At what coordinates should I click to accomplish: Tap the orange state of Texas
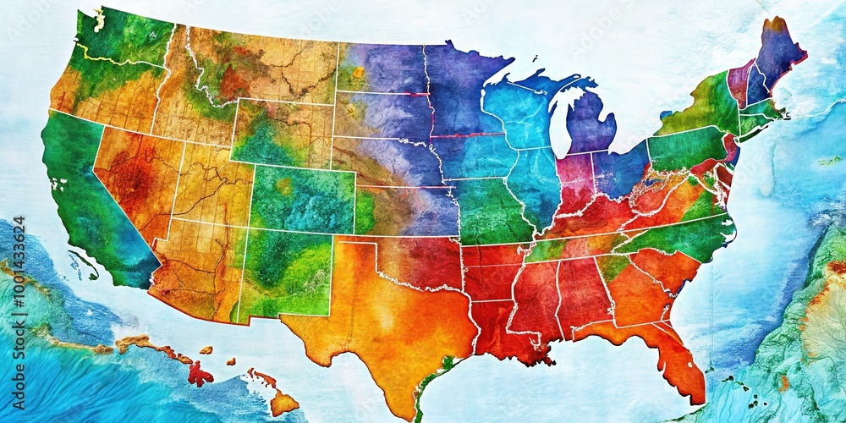[381, 321]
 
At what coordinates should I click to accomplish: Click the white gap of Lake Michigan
[557, 127]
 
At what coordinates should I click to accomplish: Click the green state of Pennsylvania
[685, 148]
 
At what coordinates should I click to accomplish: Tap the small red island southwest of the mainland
[200, 373]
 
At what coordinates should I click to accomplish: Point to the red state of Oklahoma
[415, 258]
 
